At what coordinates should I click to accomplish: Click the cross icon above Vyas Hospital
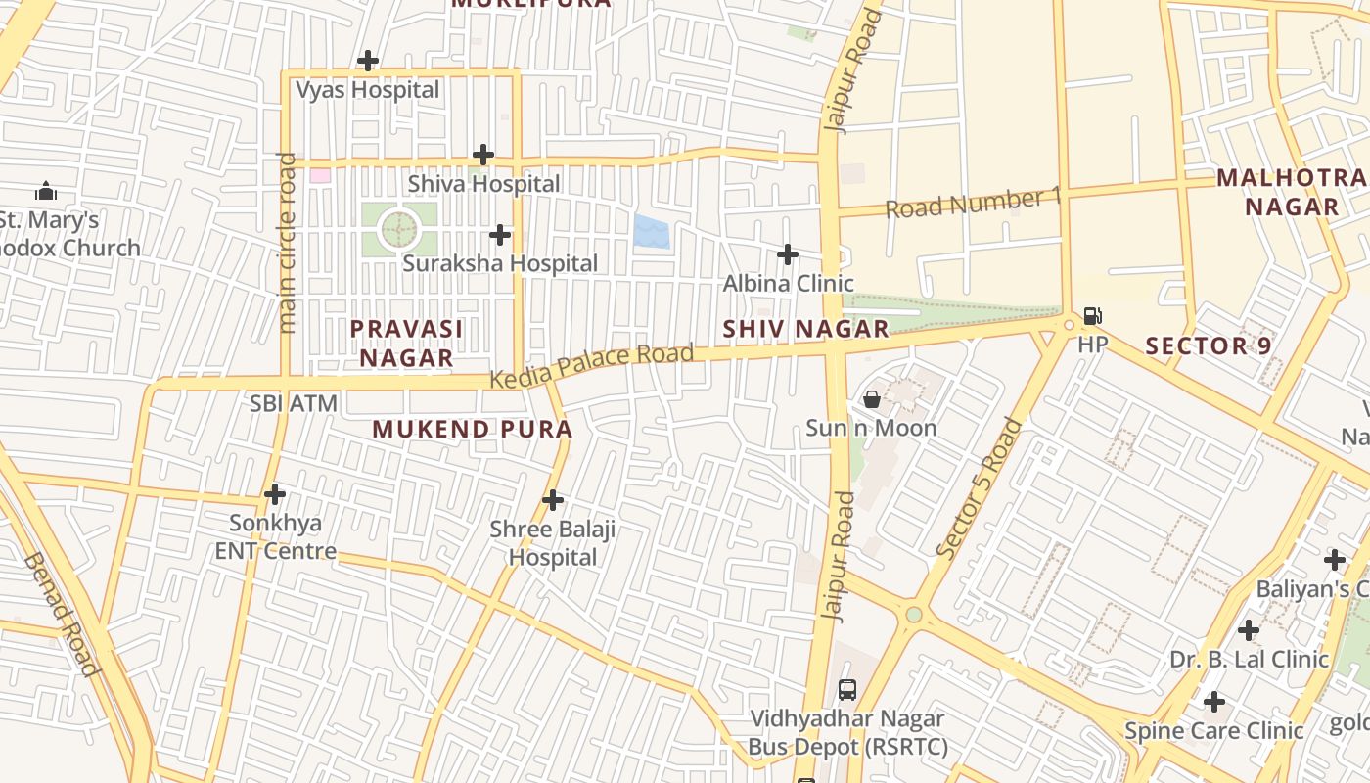click(368, 61)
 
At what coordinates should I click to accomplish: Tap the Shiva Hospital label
click(483, 184)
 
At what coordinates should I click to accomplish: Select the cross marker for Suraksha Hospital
click(500, 235)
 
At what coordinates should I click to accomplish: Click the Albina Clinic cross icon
click(788, 254)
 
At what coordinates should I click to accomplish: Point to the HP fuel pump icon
click(1093, 316)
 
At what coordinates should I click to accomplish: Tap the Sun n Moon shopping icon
click(871, 399)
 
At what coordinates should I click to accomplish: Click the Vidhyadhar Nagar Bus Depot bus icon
click(847, 689)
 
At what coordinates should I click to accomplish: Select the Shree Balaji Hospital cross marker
click(553, 500)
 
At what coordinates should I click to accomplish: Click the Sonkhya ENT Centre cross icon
click(275, 493)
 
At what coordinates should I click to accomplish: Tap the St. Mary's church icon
click(45, 191)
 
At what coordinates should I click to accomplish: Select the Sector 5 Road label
click(980, 488)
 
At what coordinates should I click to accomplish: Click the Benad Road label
click(61, 615)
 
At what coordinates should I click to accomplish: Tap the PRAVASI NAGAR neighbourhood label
click(406, 343)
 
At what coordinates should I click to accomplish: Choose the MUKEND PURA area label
click(472, 429)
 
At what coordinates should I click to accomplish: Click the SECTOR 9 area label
click(1208, 345)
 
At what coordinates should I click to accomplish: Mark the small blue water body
click(652, 232)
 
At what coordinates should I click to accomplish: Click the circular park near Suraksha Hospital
click(398, 230)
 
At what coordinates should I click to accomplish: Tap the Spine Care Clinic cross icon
click(1214, 702)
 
